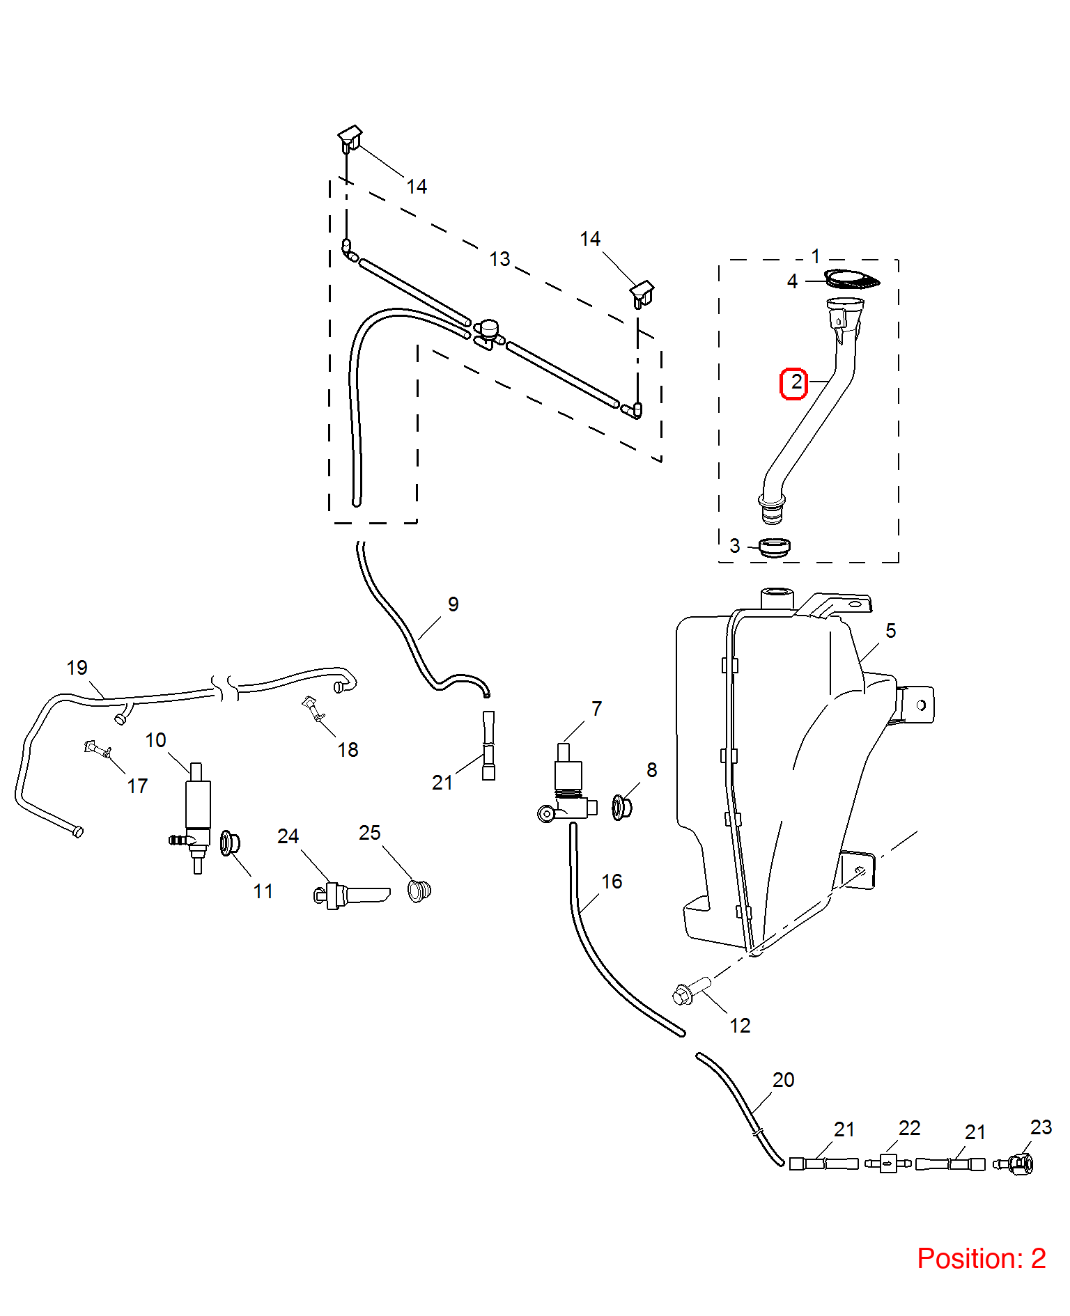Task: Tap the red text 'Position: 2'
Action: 981,1258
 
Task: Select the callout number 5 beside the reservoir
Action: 890,631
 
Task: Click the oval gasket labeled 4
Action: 851,279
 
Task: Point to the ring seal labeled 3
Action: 774,547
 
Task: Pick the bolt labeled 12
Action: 691,990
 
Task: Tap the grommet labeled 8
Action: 621,807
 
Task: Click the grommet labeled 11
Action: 229,843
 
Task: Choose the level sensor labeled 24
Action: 351,895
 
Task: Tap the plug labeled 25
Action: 419,891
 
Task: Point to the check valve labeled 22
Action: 887,1163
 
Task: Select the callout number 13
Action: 499,259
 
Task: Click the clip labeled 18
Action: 313,708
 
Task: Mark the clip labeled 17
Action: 98,750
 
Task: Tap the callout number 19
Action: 77,668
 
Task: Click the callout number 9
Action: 453,604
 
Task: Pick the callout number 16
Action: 612,882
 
